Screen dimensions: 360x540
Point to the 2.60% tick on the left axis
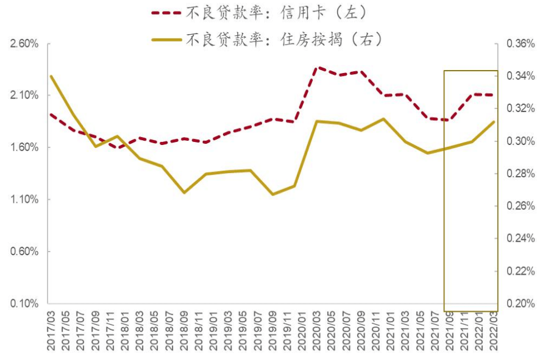click(24, 44)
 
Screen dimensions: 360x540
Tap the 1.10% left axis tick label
click(24, 200)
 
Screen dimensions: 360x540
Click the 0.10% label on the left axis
click(24, 303)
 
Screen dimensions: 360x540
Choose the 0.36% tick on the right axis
click(520, 44)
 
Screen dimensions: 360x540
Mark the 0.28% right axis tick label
click(520, 174)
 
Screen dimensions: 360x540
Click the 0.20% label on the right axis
click(520, 303)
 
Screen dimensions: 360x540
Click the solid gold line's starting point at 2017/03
click(51, 76)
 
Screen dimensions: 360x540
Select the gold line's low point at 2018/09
click(184, 192)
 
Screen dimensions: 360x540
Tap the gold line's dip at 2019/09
click(272, 194)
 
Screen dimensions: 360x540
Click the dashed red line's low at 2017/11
click(118, 147)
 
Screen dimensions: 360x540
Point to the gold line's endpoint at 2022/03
click(494, 122)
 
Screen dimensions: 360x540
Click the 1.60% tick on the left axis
click(24, 147)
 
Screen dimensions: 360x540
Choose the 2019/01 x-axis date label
click(213, 329)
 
